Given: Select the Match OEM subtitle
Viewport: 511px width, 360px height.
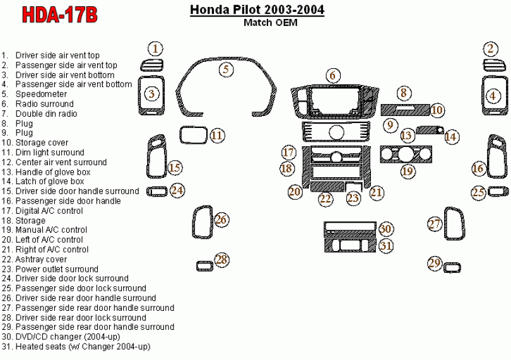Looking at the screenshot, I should [270, 23].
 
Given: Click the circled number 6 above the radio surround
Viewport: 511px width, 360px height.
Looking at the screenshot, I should [332, 76].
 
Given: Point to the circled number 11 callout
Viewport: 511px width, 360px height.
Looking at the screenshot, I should [217, 136].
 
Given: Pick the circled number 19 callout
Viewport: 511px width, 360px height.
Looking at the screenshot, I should [408, 170].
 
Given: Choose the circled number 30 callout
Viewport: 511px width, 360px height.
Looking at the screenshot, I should [385, 229].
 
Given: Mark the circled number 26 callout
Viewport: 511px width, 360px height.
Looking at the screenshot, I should [221, 220].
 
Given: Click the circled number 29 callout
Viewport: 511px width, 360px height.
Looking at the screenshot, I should [434, 264].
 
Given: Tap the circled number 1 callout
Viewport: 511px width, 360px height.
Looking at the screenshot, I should [156, 49].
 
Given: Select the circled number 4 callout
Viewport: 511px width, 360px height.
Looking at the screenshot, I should [493, 95].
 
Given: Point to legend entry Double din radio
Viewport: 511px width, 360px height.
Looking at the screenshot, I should [46, 113].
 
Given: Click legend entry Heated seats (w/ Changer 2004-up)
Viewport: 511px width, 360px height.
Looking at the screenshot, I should [83, 347].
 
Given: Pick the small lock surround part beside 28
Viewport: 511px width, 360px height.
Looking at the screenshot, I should [204, 265].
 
